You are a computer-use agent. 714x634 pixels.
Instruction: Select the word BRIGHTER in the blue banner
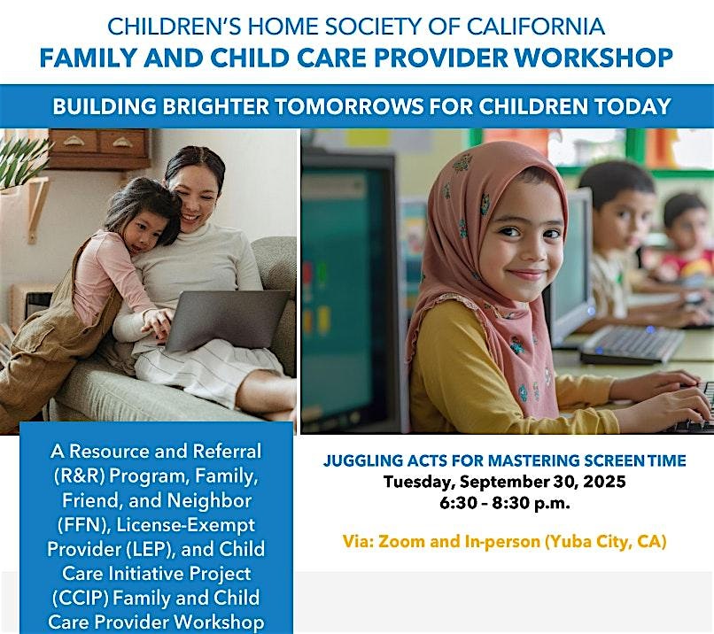point(216,106)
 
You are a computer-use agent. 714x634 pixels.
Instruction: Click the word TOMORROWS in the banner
point(349,106)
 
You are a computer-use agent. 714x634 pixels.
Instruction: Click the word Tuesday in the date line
point(419,482)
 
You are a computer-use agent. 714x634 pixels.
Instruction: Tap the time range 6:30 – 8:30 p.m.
point(505,503)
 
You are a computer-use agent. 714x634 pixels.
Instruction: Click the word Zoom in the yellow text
point(401,541)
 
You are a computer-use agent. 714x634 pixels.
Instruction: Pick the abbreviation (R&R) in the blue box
point(79,476)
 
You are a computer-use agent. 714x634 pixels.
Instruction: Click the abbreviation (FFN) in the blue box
point(84,525)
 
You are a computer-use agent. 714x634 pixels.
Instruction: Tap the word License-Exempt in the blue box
point(186,525)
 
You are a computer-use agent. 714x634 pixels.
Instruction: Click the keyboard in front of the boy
point(633,344)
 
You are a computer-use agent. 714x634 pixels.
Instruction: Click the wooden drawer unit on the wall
point(99,149)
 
